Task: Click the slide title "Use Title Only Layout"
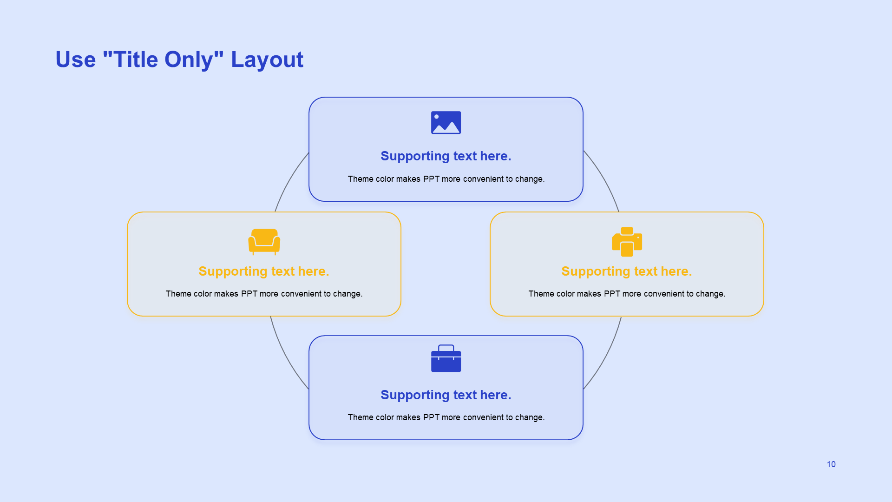179,60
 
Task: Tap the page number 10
831,464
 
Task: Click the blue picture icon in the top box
446,123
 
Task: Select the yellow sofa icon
264,241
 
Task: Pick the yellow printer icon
627,242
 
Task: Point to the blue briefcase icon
446,358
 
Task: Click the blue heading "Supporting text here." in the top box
446,156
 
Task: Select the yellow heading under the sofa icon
264,271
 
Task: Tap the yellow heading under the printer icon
627,271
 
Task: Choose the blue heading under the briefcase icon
446,395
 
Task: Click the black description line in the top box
446,179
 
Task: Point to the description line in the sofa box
264,294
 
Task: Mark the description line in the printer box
627,294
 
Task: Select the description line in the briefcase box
446,417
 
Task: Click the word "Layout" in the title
267,60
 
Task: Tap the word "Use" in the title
76,60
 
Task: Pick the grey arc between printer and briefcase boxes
606,355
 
